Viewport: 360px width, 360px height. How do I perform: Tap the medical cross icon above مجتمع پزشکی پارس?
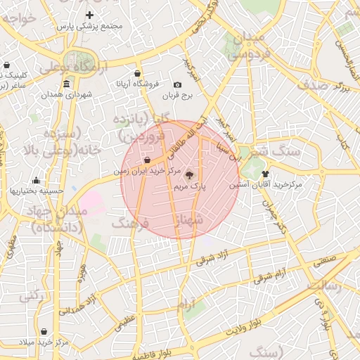tap(89, 15)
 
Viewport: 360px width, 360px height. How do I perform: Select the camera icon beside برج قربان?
tap(177, 85)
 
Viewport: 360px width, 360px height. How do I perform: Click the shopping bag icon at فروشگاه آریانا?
tap(136, 73)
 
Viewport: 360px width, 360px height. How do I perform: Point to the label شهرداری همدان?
tap(67, 94)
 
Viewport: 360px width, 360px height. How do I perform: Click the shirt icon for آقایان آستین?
tap(265, 174)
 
